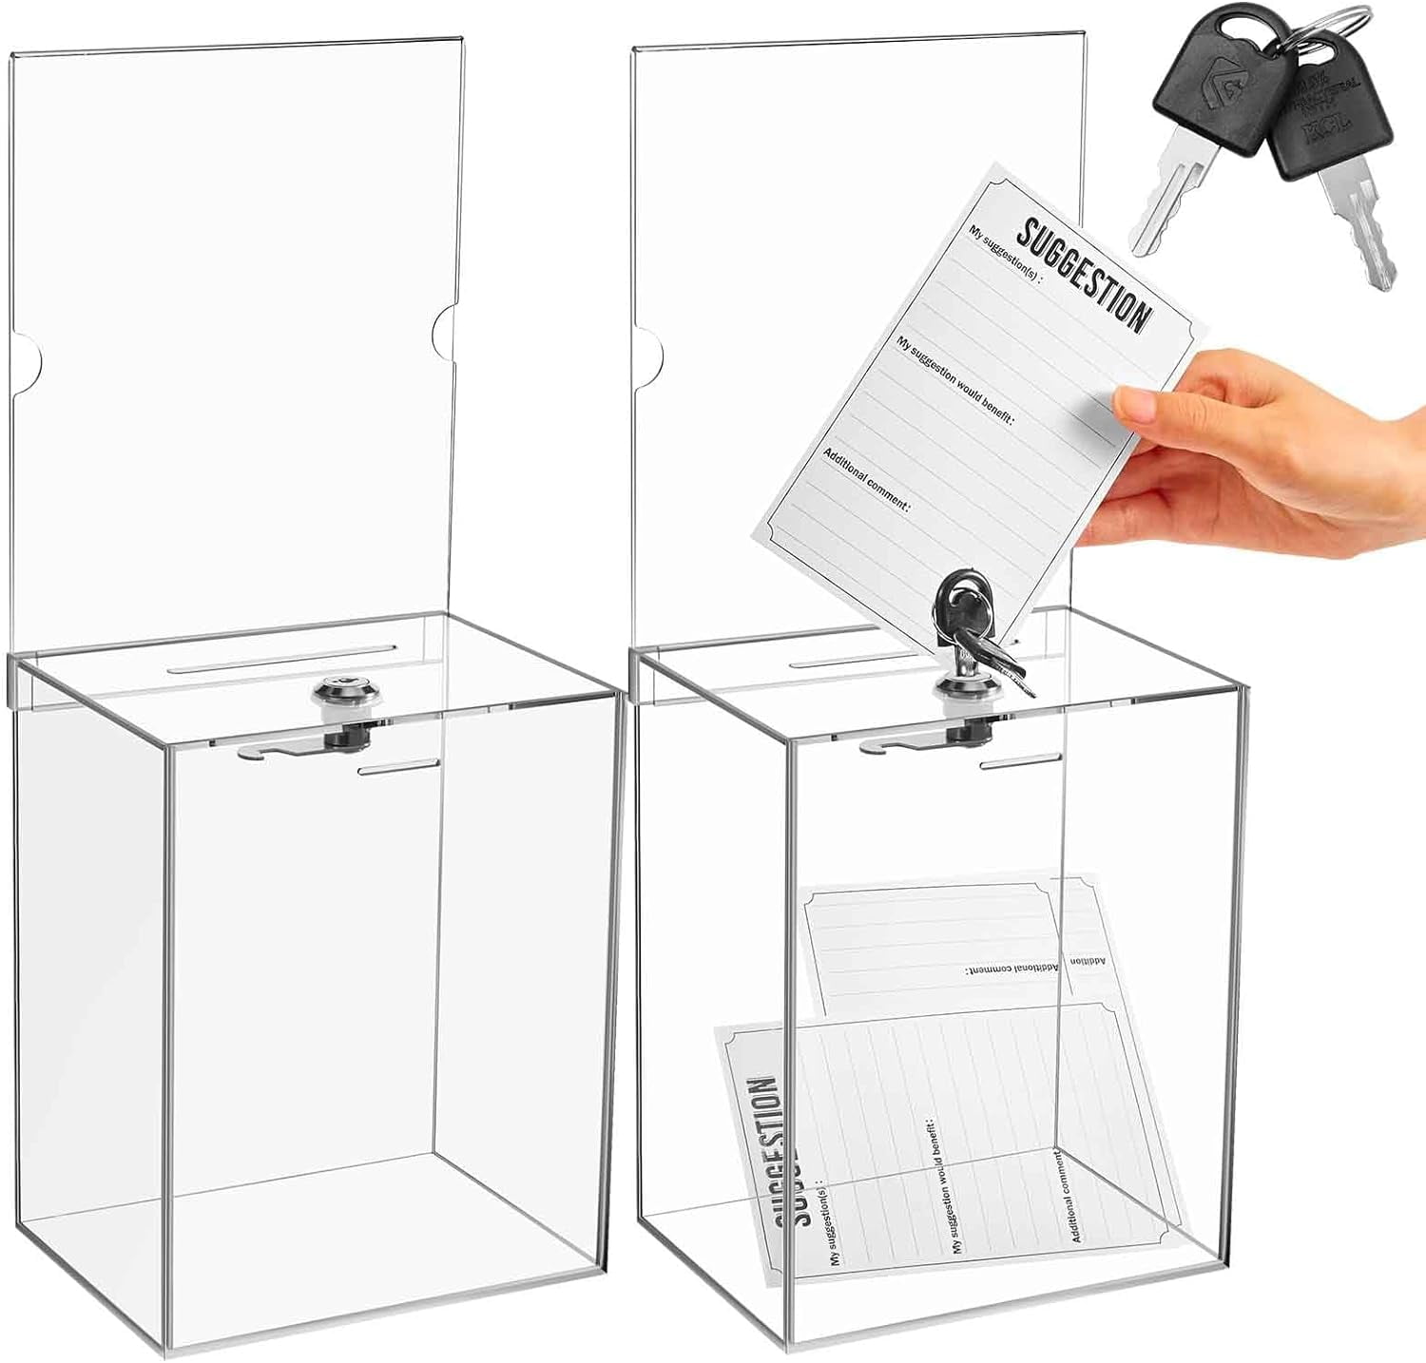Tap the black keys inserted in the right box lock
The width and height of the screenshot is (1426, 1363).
point(970,618)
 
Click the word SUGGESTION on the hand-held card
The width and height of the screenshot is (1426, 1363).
point(1084,271)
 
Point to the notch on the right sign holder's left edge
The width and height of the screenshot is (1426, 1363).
point(648,359)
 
